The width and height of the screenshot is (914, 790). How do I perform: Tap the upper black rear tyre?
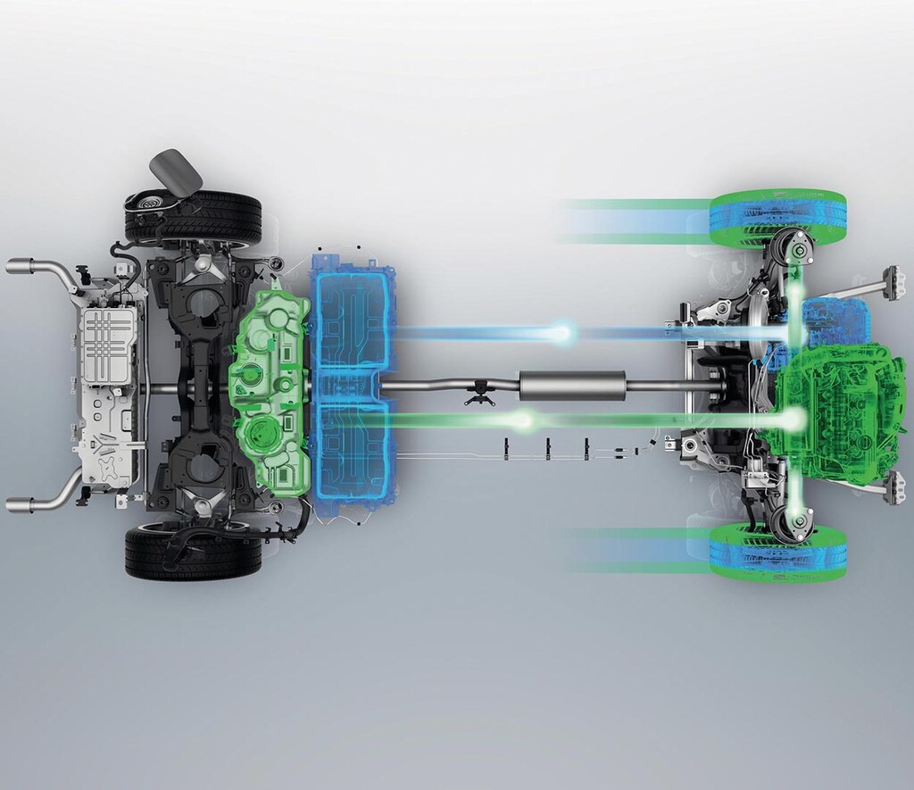194,217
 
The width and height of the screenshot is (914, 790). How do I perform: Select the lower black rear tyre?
194,552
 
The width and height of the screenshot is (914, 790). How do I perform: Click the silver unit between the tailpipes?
109,385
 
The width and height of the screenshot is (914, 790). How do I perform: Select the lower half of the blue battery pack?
349,455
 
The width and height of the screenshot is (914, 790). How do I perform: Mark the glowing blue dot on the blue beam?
562,333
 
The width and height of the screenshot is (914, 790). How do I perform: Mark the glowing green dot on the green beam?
525,418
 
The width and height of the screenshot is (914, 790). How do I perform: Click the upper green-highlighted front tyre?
777,218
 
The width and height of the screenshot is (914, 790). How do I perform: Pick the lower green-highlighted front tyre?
777,552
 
